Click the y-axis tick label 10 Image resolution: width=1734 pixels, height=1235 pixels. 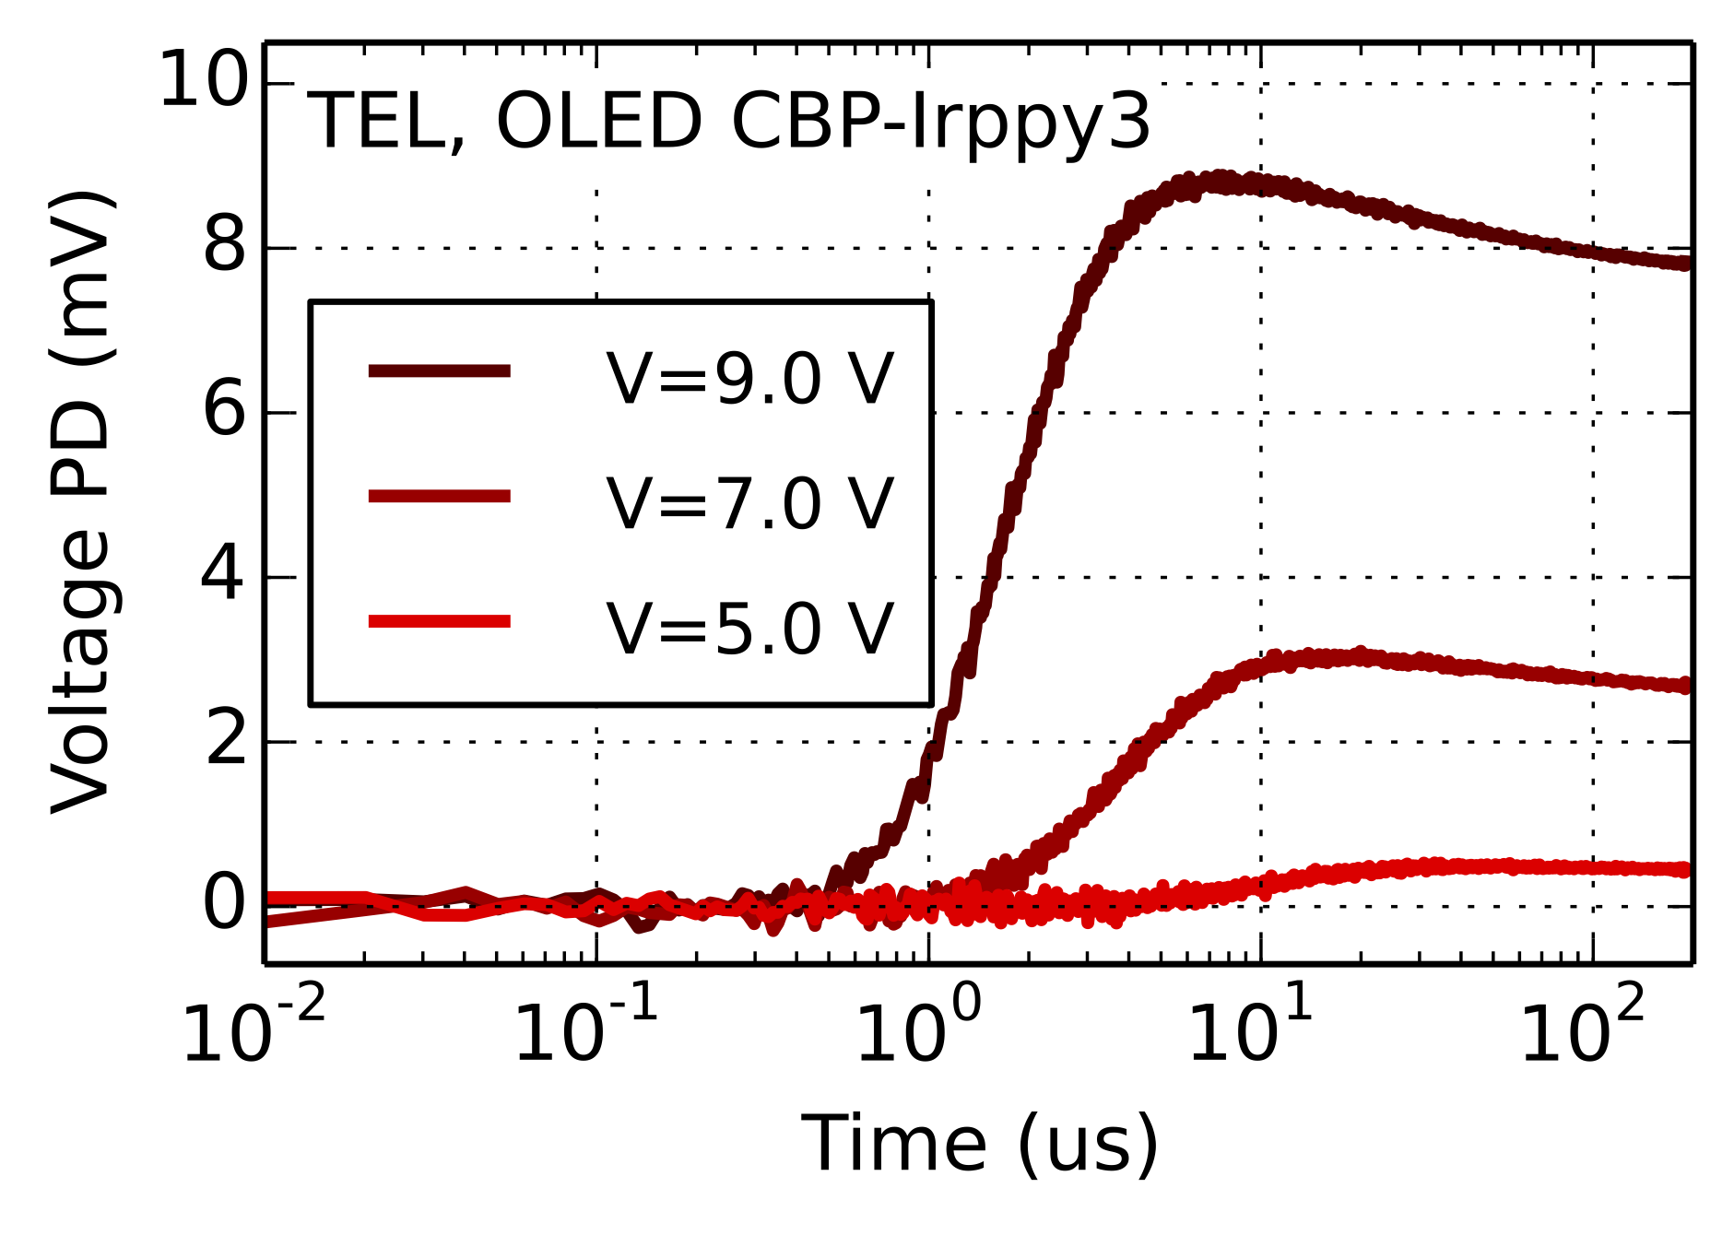204,82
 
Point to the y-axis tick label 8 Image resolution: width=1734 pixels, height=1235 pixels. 225,247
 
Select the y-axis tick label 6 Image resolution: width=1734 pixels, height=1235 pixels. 225,411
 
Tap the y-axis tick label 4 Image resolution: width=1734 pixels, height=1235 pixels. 223,576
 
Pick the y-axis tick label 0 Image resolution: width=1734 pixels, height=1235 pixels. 225,905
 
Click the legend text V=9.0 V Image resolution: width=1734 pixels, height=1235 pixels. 749,379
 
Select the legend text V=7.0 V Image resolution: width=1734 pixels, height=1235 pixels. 749,504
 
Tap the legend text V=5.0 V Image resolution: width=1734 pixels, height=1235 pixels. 749,629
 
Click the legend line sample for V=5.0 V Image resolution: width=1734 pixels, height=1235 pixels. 439,621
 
